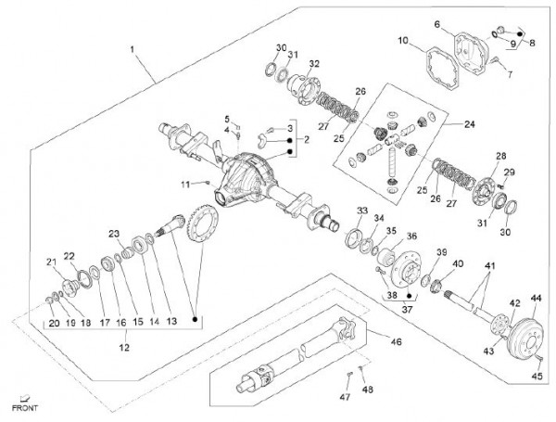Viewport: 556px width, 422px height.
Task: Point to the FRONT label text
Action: [x=23, y=407]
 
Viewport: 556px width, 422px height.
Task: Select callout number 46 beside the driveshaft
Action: [x=396, y=342]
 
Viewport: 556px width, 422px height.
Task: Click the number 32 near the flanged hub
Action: [x=315, y=64]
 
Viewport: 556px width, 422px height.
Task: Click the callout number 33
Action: [x=362, y=211]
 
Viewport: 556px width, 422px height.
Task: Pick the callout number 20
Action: [x=54, y=323]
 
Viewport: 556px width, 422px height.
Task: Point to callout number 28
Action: [x=501, y=157]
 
